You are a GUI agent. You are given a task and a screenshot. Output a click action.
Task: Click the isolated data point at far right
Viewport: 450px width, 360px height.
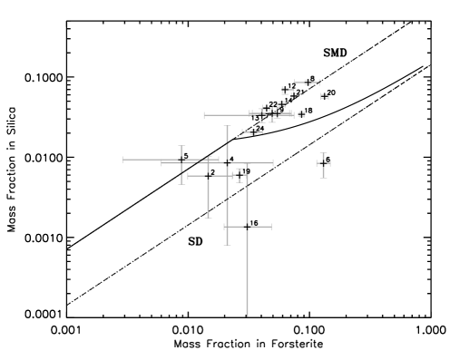point(323,164)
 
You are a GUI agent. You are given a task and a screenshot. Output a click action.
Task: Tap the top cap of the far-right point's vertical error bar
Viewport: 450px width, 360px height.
point(323,153)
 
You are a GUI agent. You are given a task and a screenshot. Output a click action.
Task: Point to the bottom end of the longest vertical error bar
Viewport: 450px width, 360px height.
point(247,316)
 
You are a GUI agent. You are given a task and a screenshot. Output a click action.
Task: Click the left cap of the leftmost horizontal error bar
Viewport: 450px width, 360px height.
point(123,160)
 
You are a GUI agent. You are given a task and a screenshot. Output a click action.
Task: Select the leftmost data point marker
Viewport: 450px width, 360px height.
point(181,161)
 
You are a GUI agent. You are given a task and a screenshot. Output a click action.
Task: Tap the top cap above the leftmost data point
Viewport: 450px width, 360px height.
point(181,146)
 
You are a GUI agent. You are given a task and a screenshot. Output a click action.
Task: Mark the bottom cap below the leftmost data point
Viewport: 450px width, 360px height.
point(181,183)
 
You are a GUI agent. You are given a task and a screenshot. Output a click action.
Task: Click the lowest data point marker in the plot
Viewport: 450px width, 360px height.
point(247,226)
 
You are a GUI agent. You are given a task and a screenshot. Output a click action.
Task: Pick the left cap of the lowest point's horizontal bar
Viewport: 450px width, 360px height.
point(224,226)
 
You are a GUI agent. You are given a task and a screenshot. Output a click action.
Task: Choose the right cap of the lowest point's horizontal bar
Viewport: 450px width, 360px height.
point(270,226)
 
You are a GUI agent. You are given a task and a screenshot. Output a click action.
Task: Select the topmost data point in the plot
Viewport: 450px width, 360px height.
point(308,83)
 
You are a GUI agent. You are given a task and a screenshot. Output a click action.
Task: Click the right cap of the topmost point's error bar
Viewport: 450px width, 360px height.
point(319,83)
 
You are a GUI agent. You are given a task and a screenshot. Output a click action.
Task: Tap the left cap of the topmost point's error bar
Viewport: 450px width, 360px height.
point(295,83)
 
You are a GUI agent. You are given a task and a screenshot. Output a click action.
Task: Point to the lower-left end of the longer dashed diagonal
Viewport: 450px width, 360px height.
point(65,305)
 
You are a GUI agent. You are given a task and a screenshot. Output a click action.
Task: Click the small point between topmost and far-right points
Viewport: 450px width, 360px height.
point(324,96)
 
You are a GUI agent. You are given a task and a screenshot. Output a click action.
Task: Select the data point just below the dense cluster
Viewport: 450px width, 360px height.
point(252,132)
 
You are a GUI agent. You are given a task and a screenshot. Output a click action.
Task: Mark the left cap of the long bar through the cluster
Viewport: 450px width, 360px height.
point(204,115)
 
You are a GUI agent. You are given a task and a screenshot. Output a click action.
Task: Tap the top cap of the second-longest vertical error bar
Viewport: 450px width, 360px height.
point(227,127)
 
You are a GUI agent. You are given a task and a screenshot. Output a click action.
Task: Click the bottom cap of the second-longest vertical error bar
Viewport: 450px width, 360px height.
point(227,244)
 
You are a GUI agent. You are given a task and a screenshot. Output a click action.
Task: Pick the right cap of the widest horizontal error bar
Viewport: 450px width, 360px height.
point(273,163)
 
